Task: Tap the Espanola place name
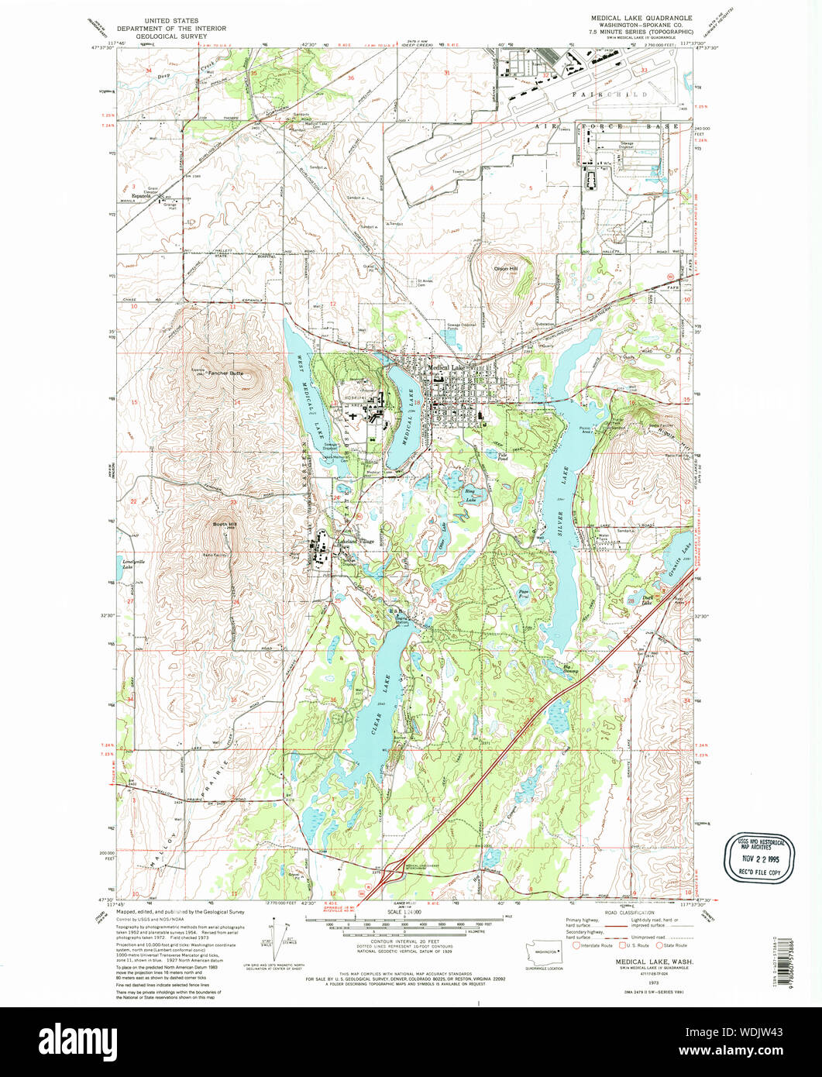(139, 197)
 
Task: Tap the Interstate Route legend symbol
(576, 945)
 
